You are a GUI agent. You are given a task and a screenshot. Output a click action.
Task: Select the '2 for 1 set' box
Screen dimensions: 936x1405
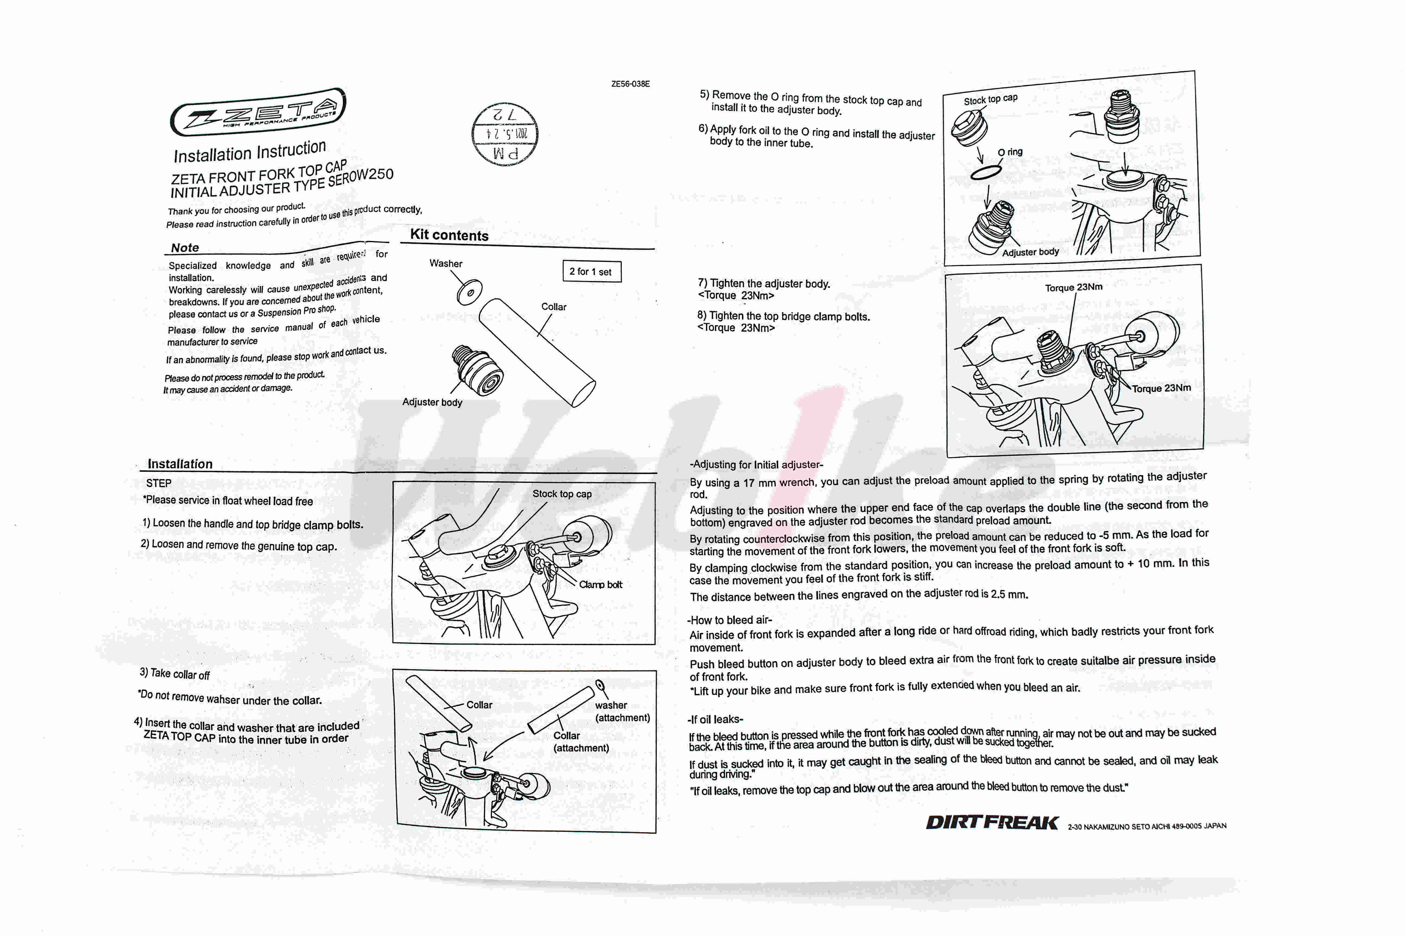pyautogui.click(x=591, y=272)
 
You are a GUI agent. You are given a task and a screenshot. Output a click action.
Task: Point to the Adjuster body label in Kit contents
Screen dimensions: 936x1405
pyautogui.click(x=432, y=402)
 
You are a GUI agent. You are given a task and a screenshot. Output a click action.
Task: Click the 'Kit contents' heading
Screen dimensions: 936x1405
pyautogui.click(x=449, y=235)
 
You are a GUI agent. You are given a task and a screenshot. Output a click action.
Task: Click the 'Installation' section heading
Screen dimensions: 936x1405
pyautogui.click(x=180, y=464)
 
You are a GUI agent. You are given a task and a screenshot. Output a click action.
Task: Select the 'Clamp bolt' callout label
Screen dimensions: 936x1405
pyautogui.click(x=600, y=584)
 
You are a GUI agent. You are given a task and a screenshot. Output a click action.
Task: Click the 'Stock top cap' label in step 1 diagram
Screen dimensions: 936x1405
pyautogui.click(x=562, y=494)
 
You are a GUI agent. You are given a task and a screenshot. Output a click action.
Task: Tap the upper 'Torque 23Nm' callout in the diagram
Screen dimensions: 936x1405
pyautogui.click(x=1074, y=287)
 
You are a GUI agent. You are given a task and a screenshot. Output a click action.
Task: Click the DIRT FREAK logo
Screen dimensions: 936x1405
pyautogui.click(x=992, y=823)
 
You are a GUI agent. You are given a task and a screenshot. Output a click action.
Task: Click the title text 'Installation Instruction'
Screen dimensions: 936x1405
pyautogui.click(x=250, y=152)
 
